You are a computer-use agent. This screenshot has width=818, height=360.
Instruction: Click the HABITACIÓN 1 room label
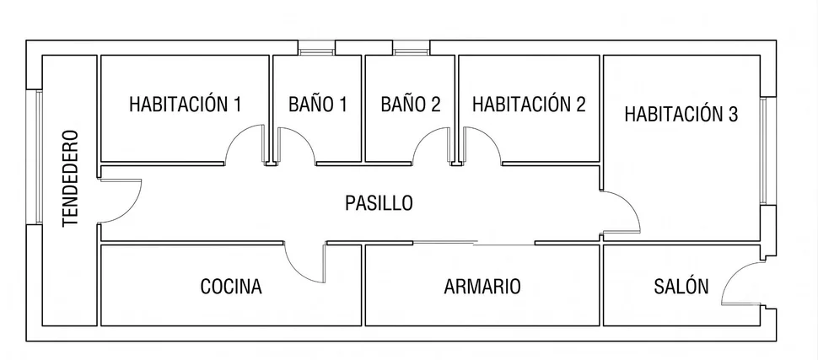(x=186, y=105)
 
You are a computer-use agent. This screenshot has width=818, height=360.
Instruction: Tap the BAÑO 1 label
(x=318, y=105)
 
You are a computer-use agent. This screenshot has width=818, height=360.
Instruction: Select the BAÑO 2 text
(x=411, y=105)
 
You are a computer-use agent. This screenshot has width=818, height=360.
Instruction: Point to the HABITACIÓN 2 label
(x=529, y=105)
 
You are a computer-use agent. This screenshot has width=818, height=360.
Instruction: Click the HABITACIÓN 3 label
(x=681, y=115)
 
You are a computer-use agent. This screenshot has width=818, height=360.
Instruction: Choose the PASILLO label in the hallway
(x=379, y=203)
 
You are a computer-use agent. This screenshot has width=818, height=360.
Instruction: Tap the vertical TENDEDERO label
(x=70, y=179)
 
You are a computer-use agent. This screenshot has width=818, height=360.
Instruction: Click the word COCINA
(x=231, y=287)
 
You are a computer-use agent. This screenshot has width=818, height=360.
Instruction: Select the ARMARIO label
(x=482, y=287)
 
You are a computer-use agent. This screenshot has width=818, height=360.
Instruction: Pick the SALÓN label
(x=681, y=287)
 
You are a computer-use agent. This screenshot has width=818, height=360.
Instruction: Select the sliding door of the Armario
(x=474, y=243)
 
